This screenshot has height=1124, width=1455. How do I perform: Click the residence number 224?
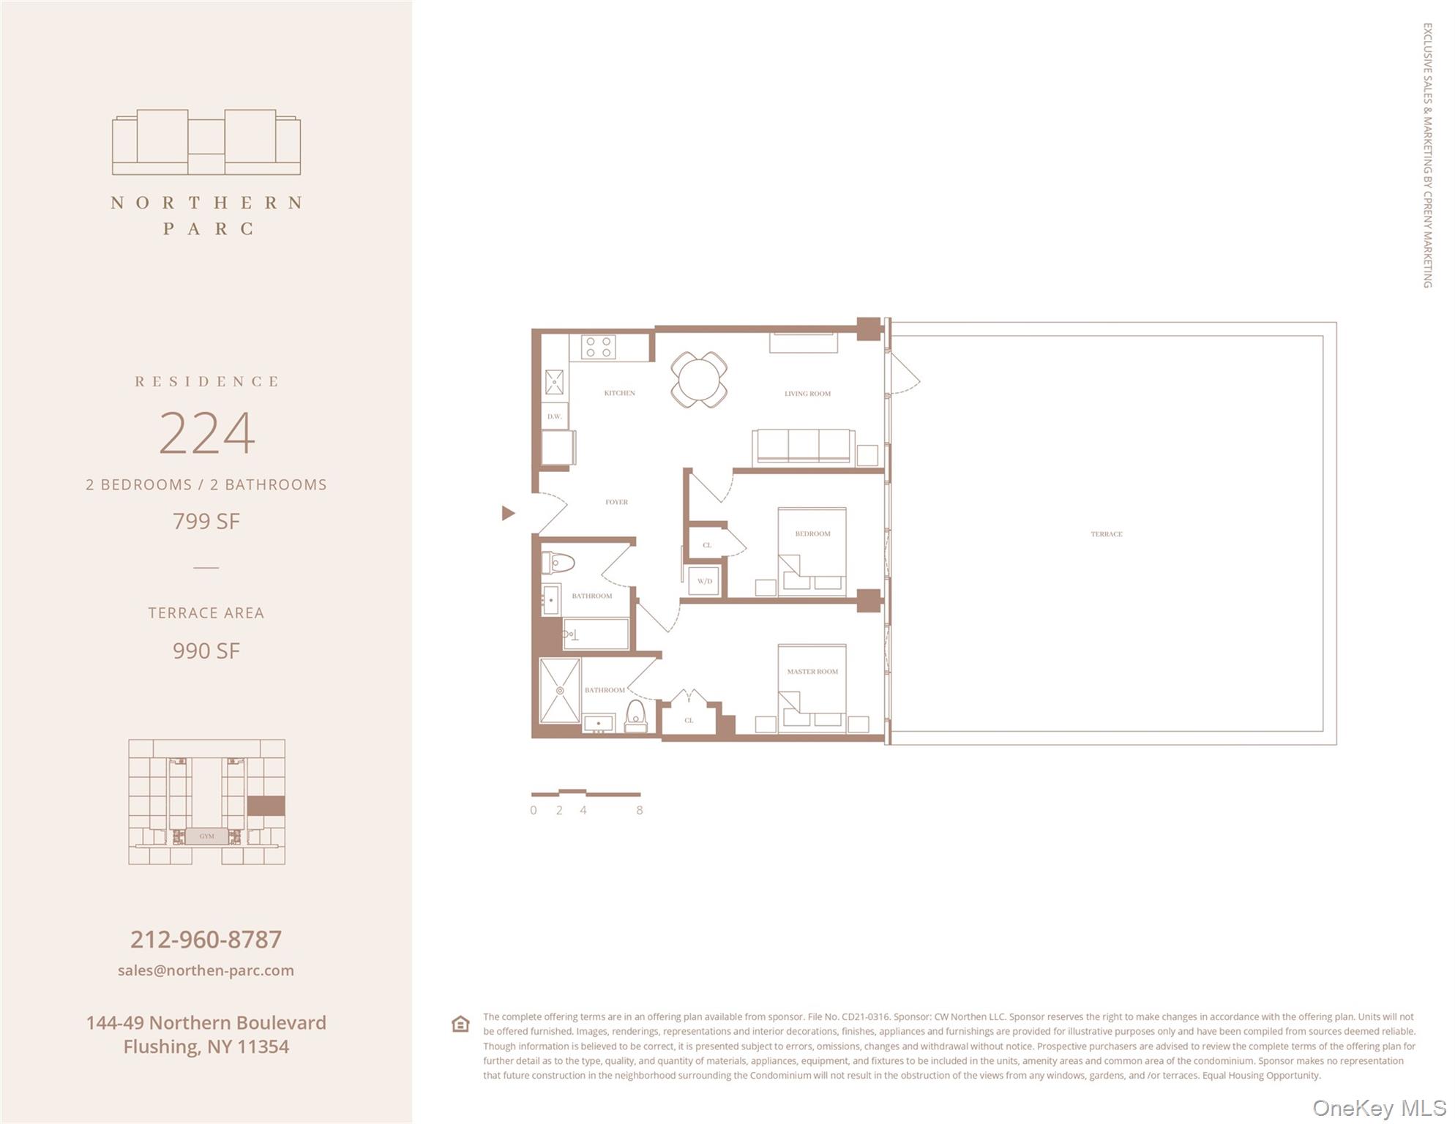point(206,432)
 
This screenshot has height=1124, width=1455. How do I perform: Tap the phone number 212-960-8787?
point(206,939)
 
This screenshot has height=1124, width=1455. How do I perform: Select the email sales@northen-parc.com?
point(206,970)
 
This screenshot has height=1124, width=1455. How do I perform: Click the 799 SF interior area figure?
point(206,521)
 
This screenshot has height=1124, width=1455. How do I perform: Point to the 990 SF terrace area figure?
point(206,651)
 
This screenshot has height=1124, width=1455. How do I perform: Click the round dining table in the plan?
point(699,379)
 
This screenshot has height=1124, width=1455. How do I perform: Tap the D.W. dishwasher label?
point(554,416)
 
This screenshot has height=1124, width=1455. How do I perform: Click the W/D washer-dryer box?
point(704,581)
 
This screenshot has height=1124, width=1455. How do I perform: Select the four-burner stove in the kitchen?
point(598,347)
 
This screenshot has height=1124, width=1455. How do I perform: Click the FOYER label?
point(616,502)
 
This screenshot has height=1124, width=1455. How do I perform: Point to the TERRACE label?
point(1106,534)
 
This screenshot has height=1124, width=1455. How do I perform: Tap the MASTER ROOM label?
point(812,671)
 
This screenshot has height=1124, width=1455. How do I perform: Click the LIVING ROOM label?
point(807,394)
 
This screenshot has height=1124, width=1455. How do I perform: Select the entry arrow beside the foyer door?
point(508,513)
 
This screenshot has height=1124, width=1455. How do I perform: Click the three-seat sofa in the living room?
point(803,446)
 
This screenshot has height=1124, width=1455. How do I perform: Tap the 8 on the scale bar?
point(639,810)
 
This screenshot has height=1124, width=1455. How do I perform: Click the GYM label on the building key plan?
point(206,836)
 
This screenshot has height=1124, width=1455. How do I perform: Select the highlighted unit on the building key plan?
point(266,806)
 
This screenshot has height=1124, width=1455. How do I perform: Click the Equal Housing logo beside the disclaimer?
point(460,1024)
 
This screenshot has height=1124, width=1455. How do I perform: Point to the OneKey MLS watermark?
point(1377,1108)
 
